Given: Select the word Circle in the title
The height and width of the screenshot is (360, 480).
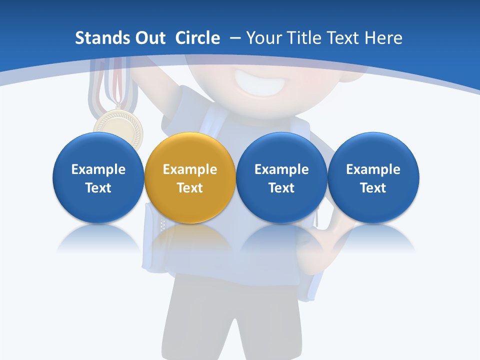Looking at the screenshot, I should click(197, 38).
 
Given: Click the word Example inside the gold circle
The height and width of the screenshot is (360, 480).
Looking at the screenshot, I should click(190, 169).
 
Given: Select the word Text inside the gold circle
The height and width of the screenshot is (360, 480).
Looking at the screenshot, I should click(190, 188).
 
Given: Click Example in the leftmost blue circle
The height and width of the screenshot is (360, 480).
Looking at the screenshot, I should click(98, 169).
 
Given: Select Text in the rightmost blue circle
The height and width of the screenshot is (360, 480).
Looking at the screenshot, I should click(373, 188).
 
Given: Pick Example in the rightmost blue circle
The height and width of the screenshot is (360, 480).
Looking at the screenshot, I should click(373, 169).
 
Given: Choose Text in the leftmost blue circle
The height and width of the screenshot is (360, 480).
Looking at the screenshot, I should click(98, 188).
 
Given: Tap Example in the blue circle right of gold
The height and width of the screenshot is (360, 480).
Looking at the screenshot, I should click(281, 169).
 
